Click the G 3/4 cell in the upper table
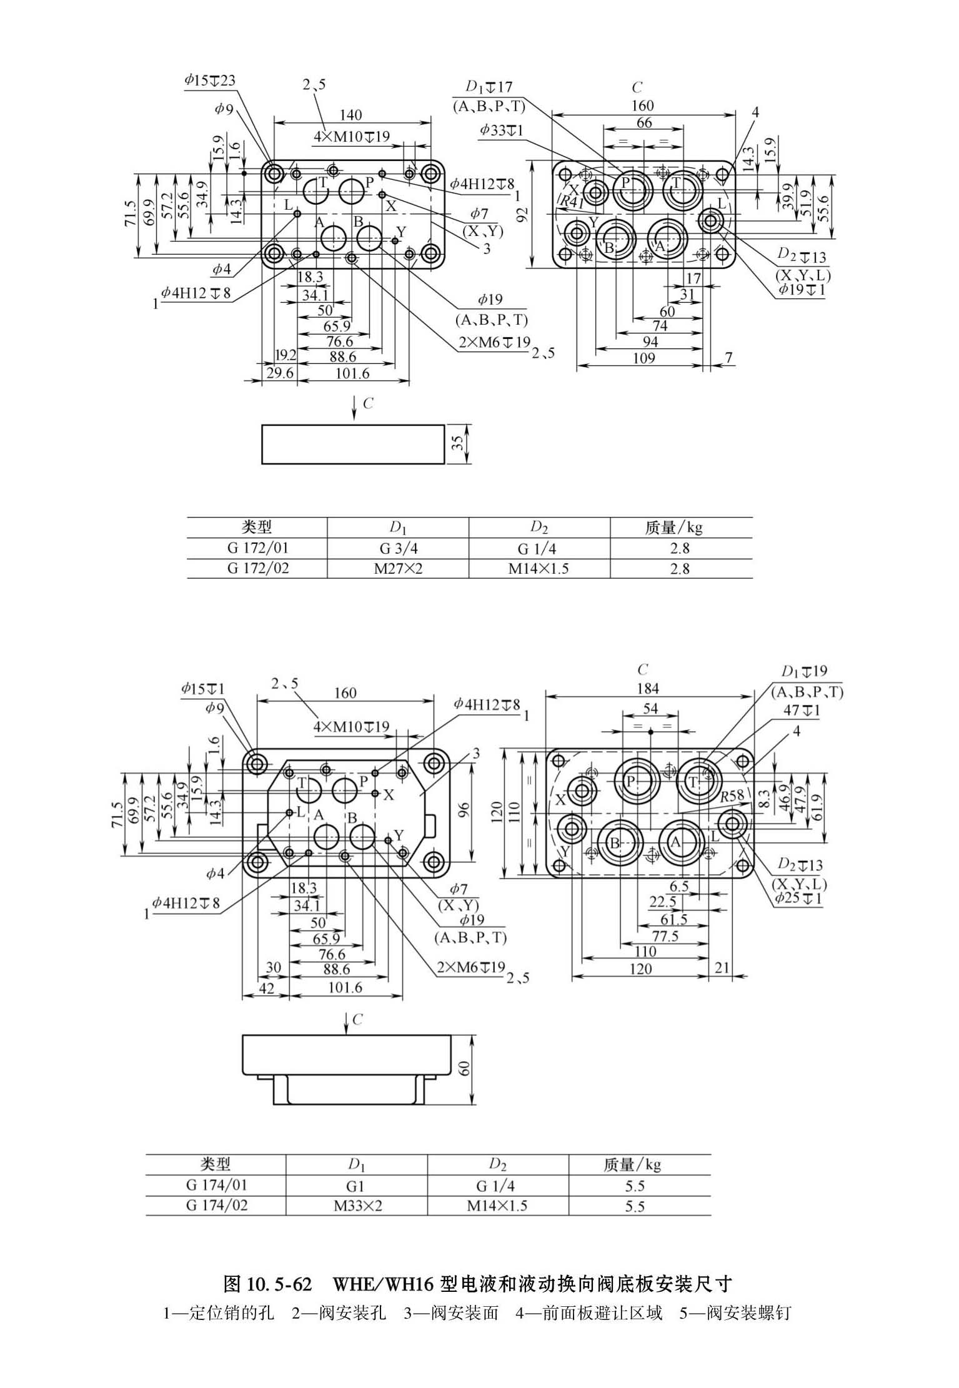tap(398, 548)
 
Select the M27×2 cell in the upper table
tap(398, 569)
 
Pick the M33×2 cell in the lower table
tap(357, 1205)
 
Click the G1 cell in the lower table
tap(355, 1186)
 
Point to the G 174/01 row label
tap(216, 1184)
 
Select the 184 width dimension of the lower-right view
tap(648, 688)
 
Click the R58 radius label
tap(732, 796)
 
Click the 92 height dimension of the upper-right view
tap(524, 215)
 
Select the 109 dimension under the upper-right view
tap(644, 358)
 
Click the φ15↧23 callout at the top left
tap(210, 80)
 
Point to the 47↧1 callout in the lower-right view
tap(802, 711)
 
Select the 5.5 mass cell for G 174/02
tap(634, 1206)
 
